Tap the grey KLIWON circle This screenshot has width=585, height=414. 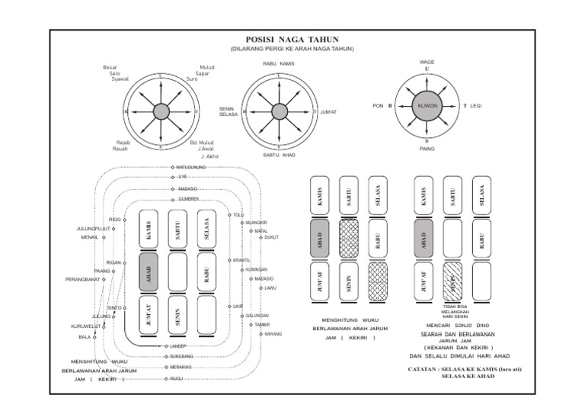click(x=426, y=106)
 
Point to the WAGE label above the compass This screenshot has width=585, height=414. click(x=427, y=62)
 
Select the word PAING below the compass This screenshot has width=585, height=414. click(x=427, y=149)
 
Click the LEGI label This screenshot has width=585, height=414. click(x=477, y=106)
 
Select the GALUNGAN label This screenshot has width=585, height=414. click(x=258, y=315)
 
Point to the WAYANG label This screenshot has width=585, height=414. click(x=272, y=334)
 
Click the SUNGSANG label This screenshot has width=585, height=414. click(x=181, y=356)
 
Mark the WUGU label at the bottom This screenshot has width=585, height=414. click(x=177, y=377)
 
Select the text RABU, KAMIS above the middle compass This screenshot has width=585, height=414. click(x=279, y=63)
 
